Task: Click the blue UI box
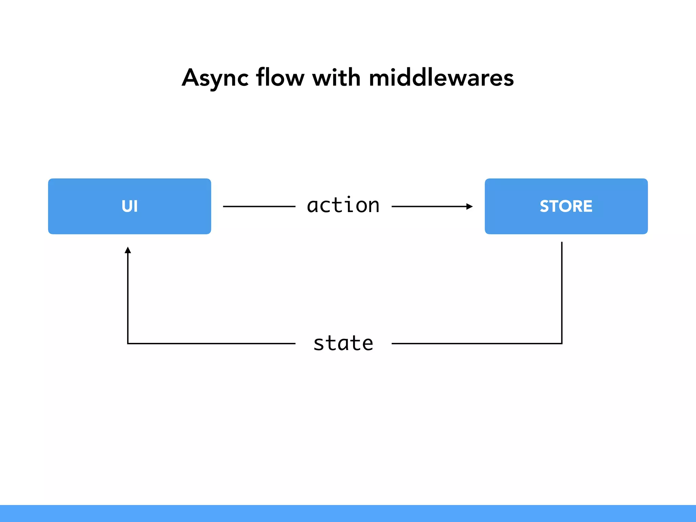[x=129, y=206]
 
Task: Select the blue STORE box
[x=566, y=206]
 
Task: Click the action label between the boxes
[x=343, y=205]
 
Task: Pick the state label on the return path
[x=343, y=343]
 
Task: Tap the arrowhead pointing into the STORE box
[x=470, y=206]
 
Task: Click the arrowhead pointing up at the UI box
[x=128, y=250]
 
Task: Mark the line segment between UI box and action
[x=259, y=206]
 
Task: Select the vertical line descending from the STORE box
[x=562, y=292]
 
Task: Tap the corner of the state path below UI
[x=128, y=344]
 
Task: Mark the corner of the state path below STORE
[x=562, y=344]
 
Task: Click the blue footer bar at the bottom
[x=348, y=513]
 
